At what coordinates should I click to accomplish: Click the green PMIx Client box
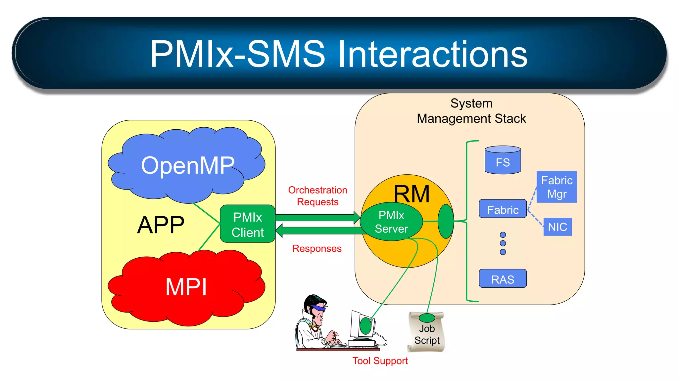coord(248,224)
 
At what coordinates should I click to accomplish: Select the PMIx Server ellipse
coord(391,222)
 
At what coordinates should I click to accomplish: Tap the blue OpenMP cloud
coord(187,165)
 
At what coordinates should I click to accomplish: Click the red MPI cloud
coord(186,287)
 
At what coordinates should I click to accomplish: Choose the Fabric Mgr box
coord(557,187)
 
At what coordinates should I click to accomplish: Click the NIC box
coord(557,227)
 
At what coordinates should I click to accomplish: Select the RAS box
coord(503,279)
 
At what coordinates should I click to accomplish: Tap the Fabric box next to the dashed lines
coord(503,209)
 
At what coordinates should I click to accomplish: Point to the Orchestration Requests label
coord(317,196)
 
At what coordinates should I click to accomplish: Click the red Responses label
coord(317,248)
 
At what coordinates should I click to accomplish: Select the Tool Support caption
coord(380,360)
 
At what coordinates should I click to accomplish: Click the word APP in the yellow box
coord(161,225)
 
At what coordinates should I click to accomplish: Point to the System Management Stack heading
coord(471,111)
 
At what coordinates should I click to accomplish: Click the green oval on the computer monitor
coord(365,326)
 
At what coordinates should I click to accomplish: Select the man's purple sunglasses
coord(318,309)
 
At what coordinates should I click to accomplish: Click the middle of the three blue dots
coord(503,243)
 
